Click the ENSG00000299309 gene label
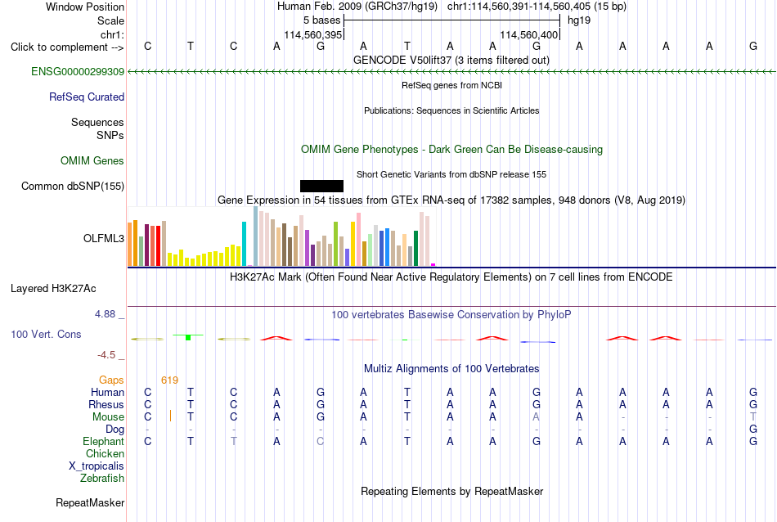pyautogui.click(x=78, y=71)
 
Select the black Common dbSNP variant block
pyautogui.click(x=321, y=186)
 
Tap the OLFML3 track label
pyautogui.click(x=104, y=238)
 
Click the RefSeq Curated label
pyautogui.click(x=87, y=97)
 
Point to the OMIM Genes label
pyautogui.click(x=92, y=160)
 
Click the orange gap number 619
pyautogui.click(x=169, y=380)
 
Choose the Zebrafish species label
pyautogui.click(x=102, y=479)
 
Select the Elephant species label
pyautogui.click(x=104, y=441)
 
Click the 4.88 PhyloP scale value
pyautogui.click(x=105, y=314)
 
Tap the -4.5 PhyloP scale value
pyautogui.click(x=106, y=355)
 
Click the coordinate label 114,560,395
pyautogui.click(x=313, y=34)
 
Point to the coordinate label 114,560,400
pyautogui.click(x=528, y=34)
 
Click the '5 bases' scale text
pyautogui.click(x=322, y=20)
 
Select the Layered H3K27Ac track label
pyautogui.click(x=53, y=289)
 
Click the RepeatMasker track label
pyautogui.click(x=90, y=502)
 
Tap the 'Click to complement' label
pyautogui.click(x=59, y=47)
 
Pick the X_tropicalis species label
pyautogui.click(x=97, y=466)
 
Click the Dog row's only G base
pyautogui.click(x=752, y=429)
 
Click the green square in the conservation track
pyautogui.click(x=188, y=338)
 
